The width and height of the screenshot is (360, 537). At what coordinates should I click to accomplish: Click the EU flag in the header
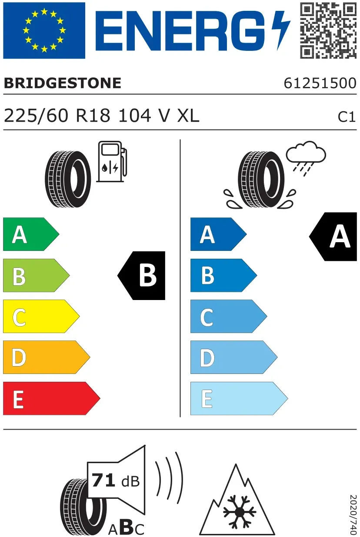44,30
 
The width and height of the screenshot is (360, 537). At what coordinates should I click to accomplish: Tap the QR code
328,30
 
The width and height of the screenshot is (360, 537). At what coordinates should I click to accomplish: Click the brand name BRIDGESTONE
63,83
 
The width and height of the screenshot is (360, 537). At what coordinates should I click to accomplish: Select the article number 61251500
320,83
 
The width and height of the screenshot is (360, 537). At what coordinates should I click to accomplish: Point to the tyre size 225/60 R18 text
57,116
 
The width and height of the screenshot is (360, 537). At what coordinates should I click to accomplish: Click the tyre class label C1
347,117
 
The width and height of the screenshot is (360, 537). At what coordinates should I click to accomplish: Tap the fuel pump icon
112,162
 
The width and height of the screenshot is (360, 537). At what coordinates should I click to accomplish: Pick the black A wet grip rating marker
333,237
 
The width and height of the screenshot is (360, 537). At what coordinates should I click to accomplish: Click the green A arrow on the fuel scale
31,234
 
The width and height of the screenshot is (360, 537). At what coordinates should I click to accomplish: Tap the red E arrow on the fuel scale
52,398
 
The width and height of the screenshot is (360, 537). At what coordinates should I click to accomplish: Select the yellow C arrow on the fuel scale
41,316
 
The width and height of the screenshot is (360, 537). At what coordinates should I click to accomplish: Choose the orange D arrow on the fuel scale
47,357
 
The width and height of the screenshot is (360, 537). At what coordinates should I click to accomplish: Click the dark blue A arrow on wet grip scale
219,234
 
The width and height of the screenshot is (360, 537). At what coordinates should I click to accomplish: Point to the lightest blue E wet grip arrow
239,398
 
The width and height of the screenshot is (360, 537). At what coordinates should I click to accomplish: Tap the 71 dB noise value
116,480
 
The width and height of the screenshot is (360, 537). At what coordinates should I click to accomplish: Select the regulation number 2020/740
353,514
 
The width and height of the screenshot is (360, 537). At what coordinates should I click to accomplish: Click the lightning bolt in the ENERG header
281,30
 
